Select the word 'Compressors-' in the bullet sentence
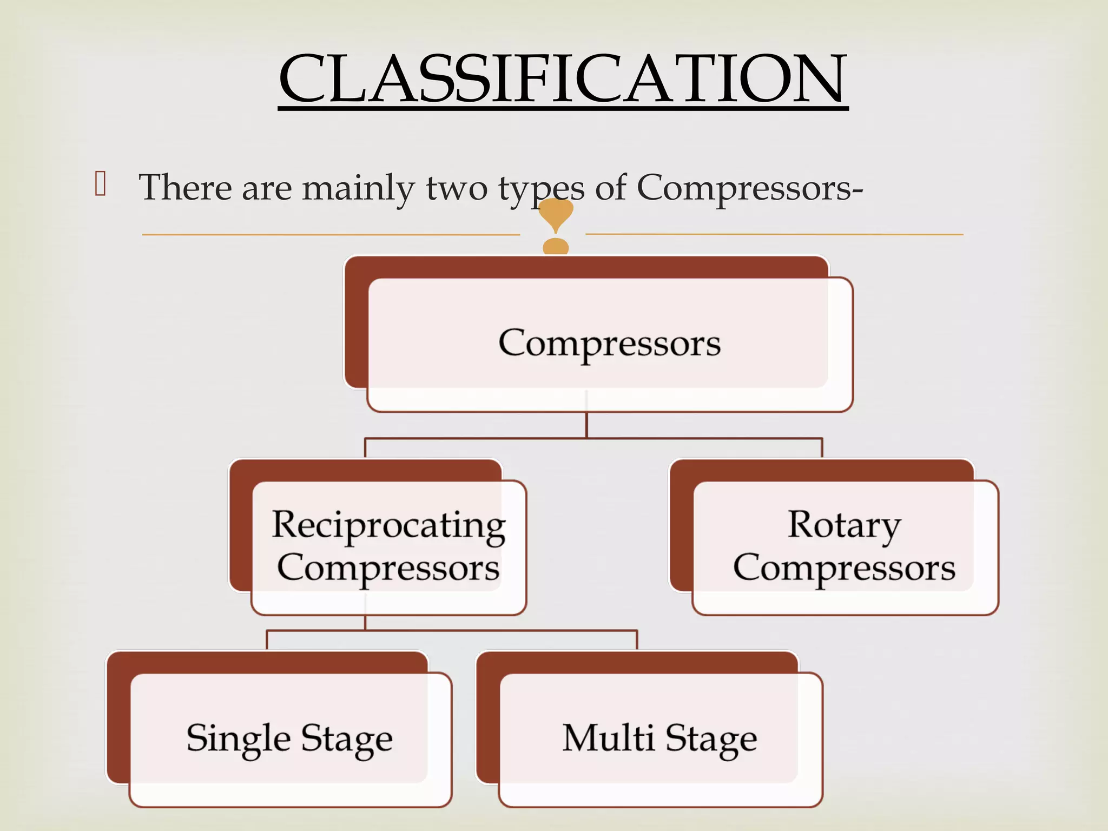click(x=749, y=188)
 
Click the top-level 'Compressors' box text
click(x=609, y=343)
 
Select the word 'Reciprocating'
click(x=388, y=525)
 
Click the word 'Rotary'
click(x=844, y=525)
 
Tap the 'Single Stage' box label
click(x=289, y=738)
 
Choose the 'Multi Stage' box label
click(x=659, y=738)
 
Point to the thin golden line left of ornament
click(x=330, y=235)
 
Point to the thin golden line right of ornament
click(x=774, y=234)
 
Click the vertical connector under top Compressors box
click(x=586, y=425)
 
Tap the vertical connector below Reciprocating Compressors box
click(x=365, y=622)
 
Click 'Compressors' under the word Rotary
click(x=844, y=568)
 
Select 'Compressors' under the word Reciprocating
click(x=388, y=568)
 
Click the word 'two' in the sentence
click(x=457, y=188)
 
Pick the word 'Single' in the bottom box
click(x=239, y=738)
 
